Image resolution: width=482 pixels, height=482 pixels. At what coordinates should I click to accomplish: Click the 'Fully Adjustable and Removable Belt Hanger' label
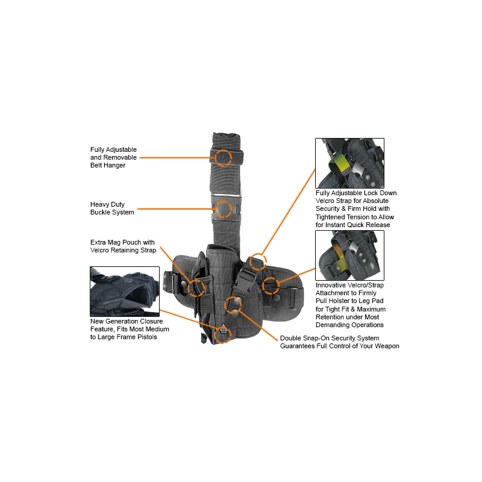pos(113,157)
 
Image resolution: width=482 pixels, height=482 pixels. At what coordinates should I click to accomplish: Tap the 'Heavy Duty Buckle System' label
pos(112,208)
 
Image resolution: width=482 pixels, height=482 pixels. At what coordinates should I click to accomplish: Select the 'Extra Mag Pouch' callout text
pos(123,246)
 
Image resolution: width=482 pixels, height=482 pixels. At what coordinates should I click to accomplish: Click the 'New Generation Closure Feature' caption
pos(130,329)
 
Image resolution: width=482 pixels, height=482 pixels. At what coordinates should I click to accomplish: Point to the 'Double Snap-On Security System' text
pos(339,342)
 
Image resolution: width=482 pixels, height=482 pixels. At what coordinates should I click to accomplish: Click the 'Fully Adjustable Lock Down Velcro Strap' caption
pos(356,208)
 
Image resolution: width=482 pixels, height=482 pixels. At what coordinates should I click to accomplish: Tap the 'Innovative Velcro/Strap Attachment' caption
pos(351,305)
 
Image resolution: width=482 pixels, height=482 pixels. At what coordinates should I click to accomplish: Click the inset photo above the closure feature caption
pos(125,292)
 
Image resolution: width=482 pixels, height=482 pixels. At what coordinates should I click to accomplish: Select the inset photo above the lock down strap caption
pos(350,163)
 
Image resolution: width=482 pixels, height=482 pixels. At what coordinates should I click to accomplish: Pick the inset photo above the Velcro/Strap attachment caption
pos(350,255)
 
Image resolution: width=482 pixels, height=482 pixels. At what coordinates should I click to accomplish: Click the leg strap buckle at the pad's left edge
pos(169,281)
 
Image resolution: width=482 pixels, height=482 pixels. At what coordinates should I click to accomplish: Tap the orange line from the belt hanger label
pos(177,158)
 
